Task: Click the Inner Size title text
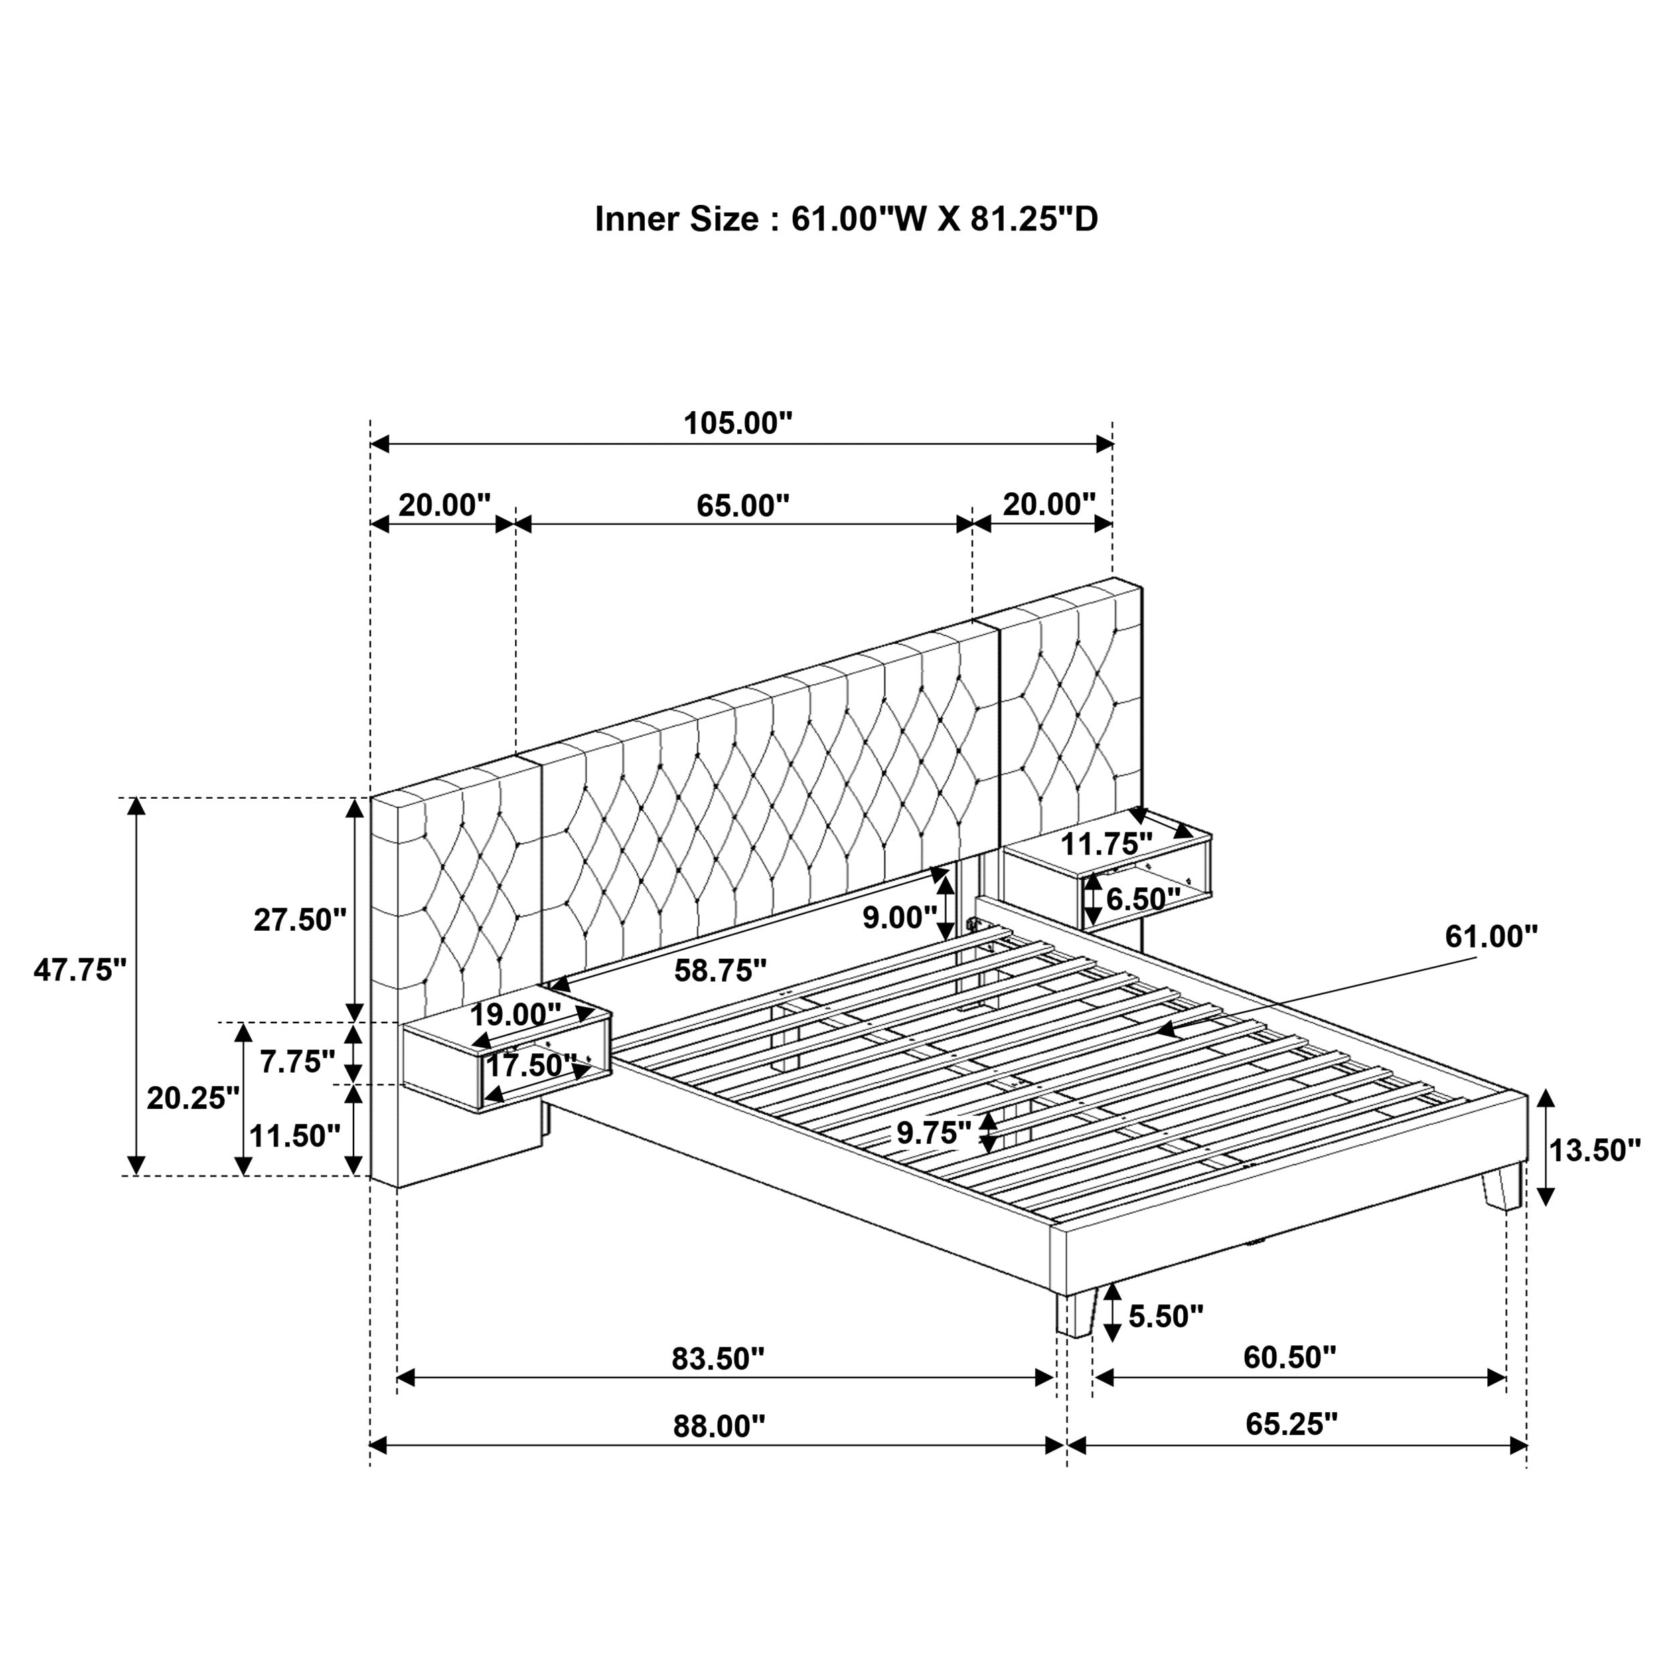(x=846, y=219)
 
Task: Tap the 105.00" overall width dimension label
(x=737, y=424)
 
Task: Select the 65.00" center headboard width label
(x=743, y=505)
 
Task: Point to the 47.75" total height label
(x=80, y=970)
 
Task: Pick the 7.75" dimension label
(x=297, y=1061)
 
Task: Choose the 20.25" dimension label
(x=192, y=1097)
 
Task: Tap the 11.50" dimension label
(x=295, y=1135)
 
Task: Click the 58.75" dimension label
(x=720, y=970)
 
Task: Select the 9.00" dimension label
(x=899, y=917)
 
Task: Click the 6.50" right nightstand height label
(x=1143, y=899)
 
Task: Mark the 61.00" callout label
(x=1491, y=936)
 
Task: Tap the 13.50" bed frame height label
(x=1594, y=1150)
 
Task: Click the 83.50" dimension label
(x=718, y=1359)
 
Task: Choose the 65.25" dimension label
(x=1291, y=1424)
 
